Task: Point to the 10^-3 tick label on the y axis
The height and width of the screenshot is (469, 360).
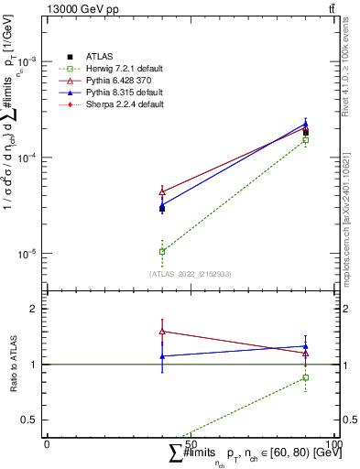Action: pos(29,61)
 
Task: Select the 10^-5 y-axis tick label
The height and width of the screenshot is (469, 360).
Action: pos(29,254)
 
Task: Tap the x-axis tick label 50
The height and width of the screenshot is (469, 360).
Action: pos(191,443)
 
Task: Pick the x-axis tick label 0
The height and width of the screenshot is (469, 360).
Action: pos(48,443)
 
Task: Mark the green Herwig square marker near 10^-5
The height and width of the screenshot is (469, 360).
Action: pos(162,251)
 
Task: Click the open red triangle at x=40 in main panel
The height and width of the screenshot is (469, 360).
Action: pos(162,191)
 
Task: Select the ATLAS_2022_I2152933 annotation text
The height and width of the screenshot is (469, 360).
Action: pos(191,274)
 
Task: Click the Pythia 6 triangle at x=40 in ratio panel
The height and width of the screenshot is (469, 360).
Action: pos(162,332)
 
